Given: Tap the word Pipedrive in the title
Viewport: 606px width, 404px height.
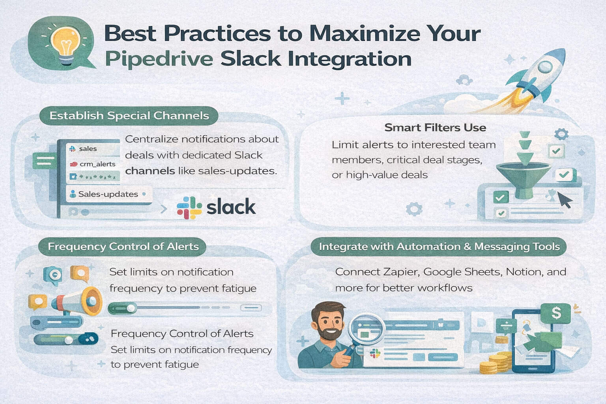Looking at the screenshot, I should click(159, 59).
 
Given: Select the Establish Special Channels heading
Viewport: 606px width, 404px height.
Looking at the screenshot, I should click(129, 116).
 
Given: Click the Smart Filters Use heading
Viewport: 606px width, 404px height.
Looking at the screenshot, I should click(435, 127).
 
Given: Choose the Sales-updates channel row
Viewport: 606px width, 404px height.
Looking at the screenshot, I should click(108, 194).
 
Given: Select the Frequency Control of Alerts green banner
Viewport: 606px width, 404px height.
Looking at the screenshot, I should click(123, 247).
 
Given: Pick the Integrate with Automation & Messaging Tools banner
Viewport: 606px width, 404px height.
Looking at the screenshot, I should click(439, 247).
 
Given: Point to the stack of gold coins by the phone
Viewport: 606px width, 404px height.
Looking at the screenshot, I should click(497, 363).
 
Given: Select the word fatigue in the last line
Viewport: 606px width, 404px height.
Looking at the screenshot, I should click(181, 364).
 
